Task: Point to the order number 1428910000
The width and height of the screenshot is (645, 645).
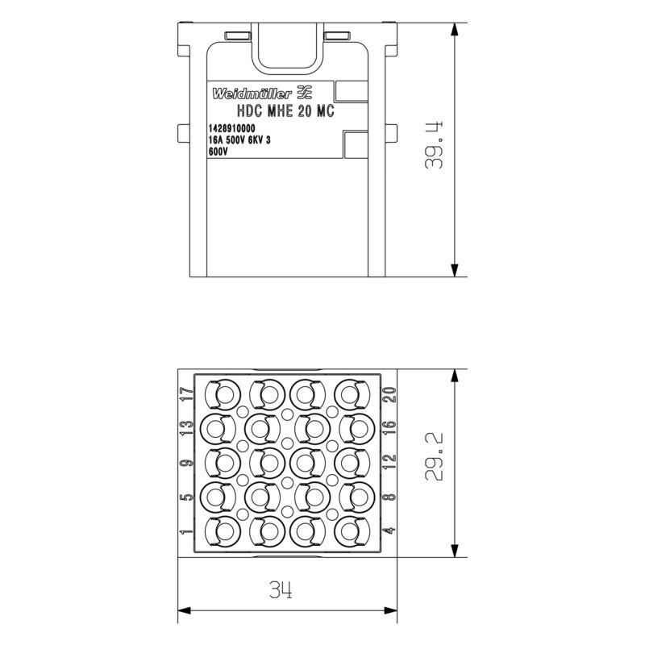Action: coord(231,129)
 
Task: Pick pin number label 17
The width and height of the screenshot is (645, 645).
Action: coord(187,395)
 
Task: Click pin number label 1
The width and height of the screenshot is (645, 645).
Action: coord(187,531)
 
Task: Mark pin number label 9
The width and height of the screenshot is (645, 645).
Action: coord(187,463)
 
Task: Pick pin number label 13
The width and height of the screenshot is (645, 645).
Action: coord(187,429)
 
